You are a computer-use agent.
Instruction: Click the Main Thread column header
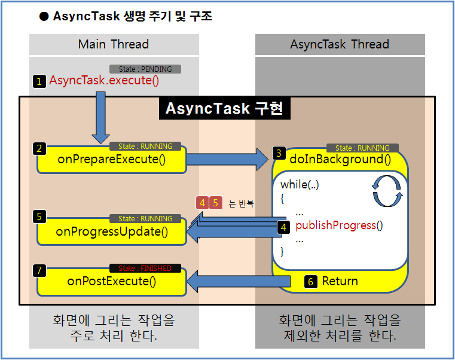point(114,44)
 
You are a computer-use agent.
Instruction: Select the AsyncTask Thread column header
point(340,44)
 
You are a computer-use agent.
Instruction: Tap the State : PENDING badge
point(145,69)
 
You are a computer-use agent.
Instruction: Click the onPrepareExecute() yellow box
point(111,159)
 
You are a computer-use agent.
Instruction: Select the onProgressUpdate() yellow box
point(111,231)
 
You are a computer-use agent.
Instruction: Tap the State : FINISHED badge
point(145,269)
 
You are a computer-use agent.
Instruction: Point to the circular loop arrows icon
point(388,190)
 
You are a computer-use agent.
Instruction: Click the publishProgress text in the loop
point(339,225)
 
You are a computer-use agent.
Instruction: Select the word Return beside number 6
point(340,281)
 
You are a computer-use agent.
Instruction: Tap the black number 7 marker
point(39,271)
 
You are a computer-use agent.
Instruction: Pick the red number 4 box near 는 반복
point(202,203)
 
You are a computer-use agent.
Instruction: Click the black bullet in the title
point(44,17)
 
